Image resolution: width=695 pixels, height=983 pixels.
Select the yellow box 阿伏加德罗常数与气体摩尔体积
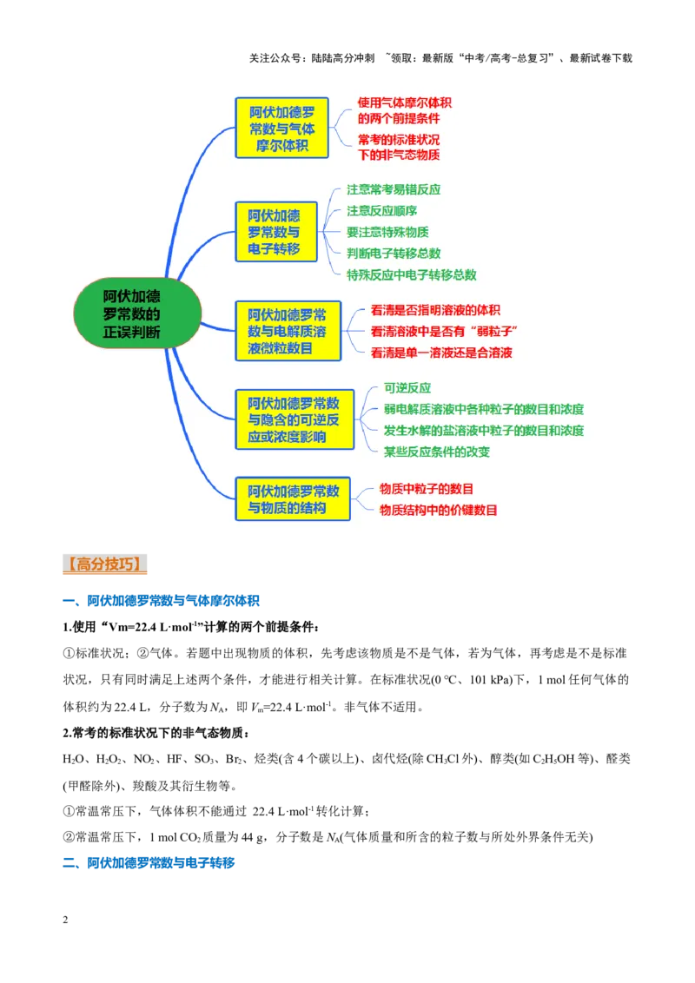tap(281, 128)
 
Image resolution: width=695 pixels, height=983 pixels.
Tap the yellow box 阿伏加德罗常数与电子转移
tap(276, 232)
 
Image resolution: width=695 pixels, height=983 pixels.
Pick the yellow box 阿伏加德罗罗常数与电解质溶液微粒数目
tap(288, 331)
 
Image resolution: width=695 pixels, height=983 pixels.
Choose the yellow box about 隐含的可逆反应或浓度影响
tap(295, 419)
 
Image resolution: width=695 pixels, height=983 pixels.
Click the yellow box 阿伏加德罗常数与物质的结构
tap(292, 499)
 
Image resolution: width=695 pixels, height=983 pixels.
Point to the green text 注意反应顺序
tap(382, 211)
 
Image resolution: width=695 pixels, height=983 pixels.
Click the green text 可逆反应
tap(407, 388)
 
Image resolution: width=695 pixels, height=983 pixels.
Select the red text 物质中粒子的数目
tap(427, 489)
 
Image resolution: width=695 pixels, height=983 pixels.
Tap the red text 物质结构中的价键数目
tap(439, 511)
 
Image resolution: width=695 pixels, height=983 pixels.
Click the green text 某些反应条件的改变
tap(437, 452)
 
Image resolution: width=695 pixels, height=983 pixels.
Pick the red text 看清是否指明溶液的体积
tap(435, 310)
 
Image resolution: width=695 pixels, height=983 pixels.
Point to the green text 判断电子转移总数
tap(394, 254)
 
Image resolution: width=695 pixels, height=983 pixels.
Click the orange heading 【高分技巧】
tap(105, 564)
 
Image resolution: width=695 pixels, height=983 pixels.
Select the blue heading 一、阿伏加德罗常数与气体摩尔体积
tap(162, 601)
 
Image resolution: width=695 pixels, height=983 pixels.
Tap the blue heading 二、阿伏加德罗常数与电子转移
tap(149, 862)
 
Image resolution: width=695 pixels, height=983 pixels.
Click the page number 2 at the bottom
tap(65, 920)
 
